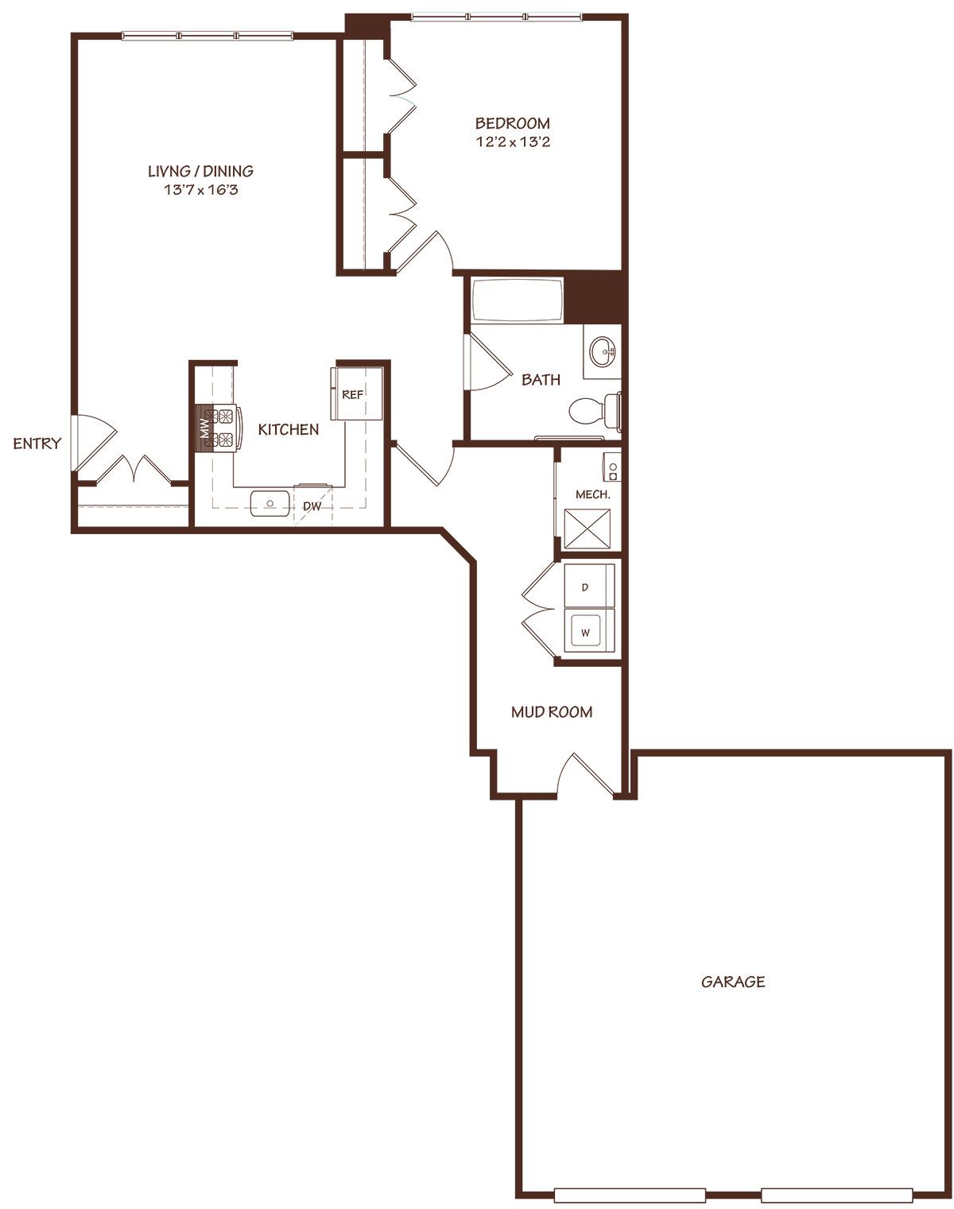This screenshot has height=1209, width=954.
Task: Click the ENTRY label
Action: pos(37,444)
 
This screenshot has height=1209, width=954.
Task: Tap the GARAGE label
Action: pos(733,982)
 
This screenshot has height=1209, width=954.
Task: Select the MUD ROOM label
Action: pos(551,712)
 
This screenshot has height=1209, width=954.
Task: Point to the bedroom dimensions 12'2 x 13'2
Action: pos(513,141)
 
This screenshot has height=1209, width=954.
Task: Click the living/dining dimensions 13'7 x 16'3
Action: pos(201,189)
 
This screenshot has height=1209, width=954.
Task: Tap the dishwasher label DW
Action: pos(312,506)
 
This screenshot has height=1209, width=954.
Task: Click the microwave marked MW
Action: pos(204,428)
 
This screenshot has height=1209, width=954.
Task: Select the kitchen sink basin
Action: pos(270,503)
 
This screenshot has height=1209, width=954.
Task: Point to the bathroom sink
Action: pos(603,352)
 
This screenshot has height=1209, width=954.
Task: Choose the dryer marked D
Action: pos(588,587)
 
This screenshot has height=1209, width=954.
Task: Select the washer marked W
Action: pos(588,632)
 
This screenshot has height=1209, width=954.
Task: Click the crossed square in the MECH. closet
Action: pos(587,529)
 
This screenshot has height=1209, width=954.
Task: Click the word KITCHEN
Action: pos(289,430)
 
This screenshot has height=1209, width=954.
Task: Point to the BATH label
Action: pos(541,380)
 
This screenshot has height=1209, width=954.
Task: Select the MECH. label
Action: pos(593,495)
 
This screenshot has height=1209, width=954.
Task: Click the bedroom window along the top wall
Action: pos(497,17)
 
